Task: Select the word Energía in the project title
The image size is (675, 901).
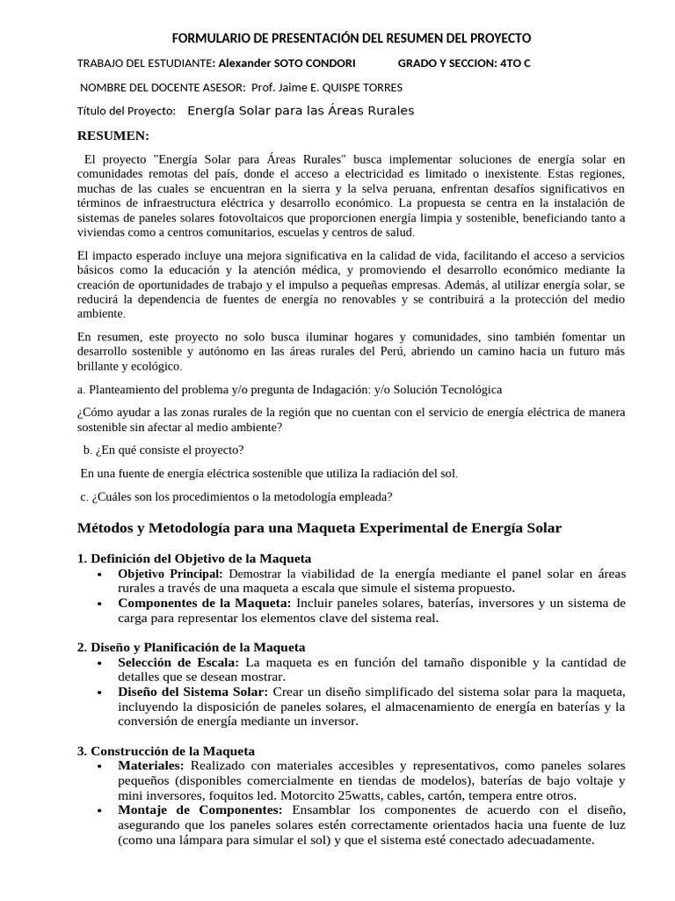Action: (215, 111)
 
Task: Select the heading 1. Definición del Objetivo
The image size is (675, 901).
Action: (194, 559)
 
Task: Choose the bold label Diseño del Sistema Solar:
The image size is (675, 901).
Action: (193, 692)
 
